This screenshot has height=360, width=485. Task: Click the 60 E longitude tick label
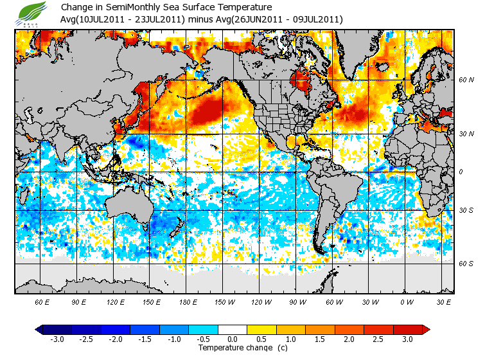(42, 301)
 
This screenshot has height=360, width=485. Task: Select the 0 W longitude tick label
(407, 301)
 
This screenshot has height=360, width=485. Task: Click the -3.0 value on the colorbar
(57, 339)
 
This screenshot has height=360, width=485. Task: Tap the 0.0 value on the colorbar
(233, 339)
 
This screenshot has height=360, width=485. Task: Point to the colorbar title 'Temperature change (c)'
(234, 348)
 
